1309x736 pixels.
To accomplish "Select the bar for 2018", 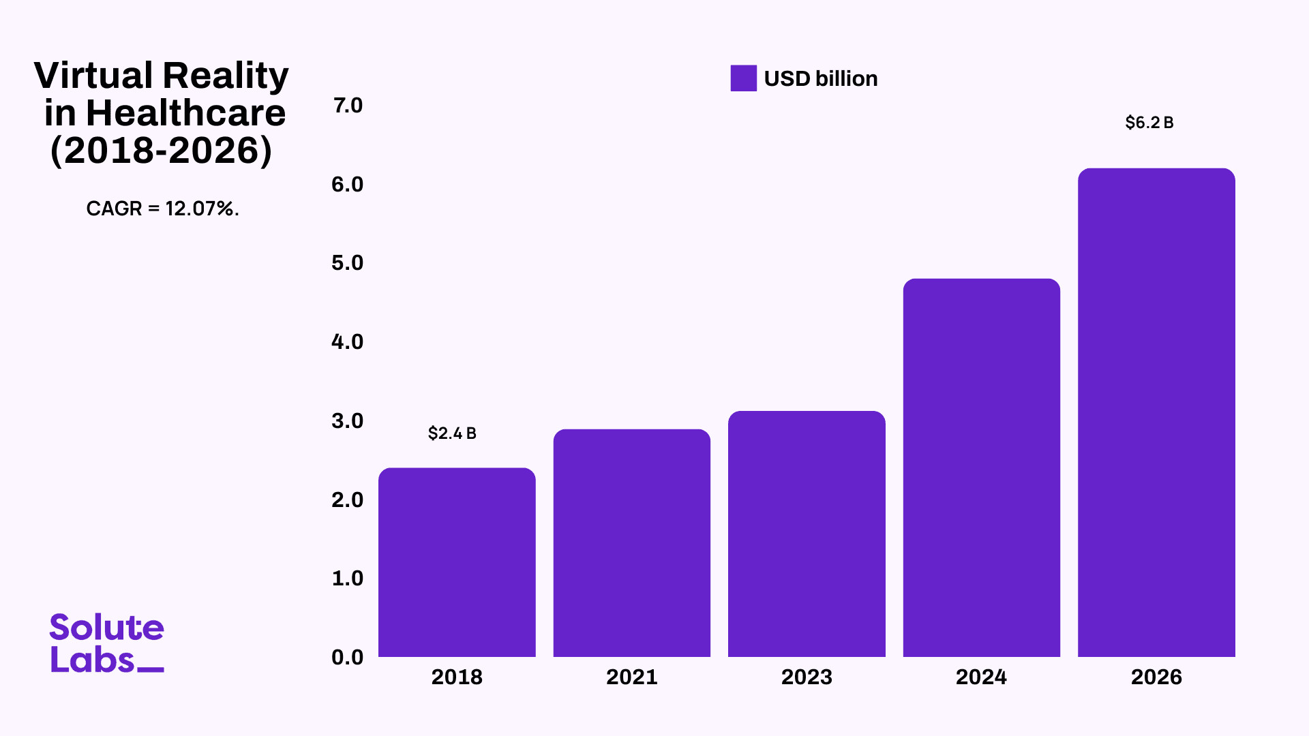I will [x=457, y=562].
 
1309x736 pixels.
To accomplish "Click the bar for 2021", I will [x=631, y=543].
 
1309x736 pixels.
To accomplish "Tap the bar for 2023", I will [x=807, y=534].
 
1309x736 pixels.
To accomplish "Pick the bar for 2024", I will [x=981, y=467].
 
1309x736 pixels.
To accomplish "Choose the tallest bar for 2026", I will [x=1156, y=412].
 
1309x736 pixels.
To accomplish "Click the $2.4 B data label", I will [x=452, y=433].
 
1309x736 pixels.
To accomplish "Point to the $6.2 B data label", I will [x=1149, y=123].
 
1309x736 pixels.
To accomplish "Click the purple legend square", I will [x=743, y=78].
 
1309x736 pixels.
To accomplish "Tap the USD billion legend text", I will [x=821, y=79].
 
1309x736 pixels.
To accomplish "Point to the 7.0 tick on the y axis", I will [x=348, y=106].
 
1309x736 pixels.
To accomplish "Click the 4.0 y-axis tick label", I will [x=348, y=341].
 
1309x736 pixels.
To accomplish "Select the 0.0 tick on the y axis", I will [x=348, y=657].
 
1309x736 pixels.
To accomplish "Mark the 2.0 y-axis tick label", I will [x=348, y=500].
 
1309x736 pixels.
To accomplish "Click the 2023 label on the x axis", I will [x=807, y=677].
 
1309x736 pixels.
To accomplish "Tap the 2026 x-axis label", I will [x=1156, y=677].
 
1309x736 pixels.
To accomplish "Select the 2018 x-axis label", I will [x=457, y=677].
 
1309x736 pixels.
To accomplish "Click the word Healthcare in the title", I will [x=185, y=113].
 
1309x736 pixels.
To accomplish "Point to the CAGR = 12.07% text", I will [x=162, y=209].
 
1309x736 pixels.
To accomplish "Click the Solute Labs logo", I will [x=107, y=643].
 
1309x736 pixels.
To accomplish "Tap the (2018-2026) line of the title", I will [x=162, y=151].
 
